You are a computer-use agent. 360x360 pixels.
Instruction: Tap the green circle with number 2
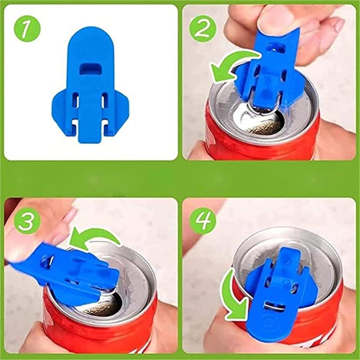[202, 29]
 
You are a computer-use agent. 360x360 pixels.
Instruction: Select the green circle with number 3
[27, 221]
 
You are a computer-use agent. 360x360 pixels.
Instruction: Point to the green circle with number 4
[202, 221]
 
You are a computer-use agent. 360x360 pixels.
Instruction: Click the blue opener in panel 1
[90, 88]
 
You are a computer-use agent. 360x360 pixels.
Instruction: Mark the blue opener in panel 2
[269, 70]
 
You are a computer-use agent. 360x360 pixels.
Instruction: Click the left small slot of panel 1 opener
[75, 100]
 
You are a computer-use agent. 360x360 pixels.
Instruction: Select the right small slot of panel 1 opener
[105, 100]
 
